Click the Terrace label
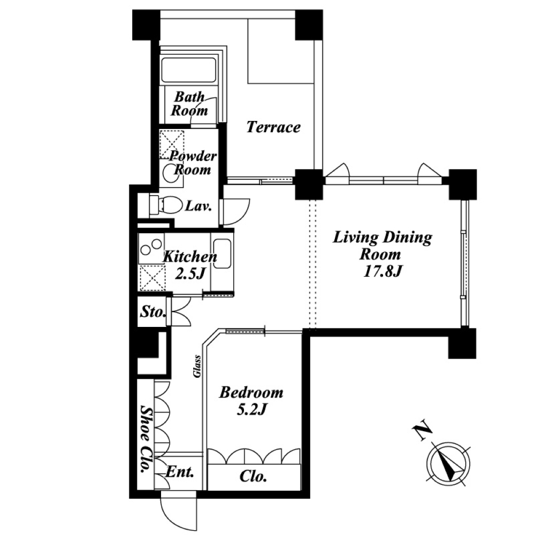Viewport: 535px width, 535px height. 273,127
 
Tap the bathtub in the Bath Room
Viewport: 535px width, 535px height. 189,70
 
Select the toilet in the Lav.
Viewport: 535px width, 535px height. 166,205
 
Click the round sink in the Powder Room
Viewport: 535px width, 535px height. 170,174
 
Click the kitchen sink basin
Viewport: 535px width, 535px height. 222,253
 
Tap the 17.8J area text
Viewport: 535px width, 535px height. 383,272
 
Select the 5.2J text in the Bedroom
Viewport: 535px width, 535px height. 251,410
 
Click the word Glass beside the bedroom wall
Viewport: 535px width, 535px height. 197,366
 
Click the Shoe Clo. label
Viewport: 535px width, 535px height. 147,439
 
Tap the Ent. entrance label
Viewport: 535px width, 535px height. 180,472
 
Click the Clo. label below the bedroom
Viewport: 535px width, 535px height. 253,476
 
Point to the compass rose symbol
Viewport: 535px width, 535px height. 448,464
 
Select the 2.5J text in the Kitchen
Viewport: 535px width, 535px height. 190,273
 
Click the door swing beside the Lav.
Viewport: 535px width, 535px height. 235,211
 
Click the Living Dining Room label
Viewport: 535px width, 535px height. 383,246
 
